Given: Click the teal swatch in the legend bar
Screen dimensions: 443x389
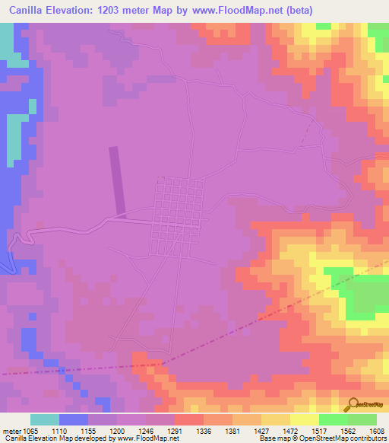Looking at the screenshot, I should (45, 419).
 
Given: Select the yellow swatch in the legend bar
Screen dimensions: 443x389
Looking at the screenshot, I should (304, 419).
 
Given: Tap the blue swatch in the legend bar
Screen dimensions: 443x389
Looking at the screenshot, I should (74, 419).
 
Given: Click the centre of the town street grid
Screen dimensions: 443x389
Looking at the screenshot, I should (179, 217).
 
